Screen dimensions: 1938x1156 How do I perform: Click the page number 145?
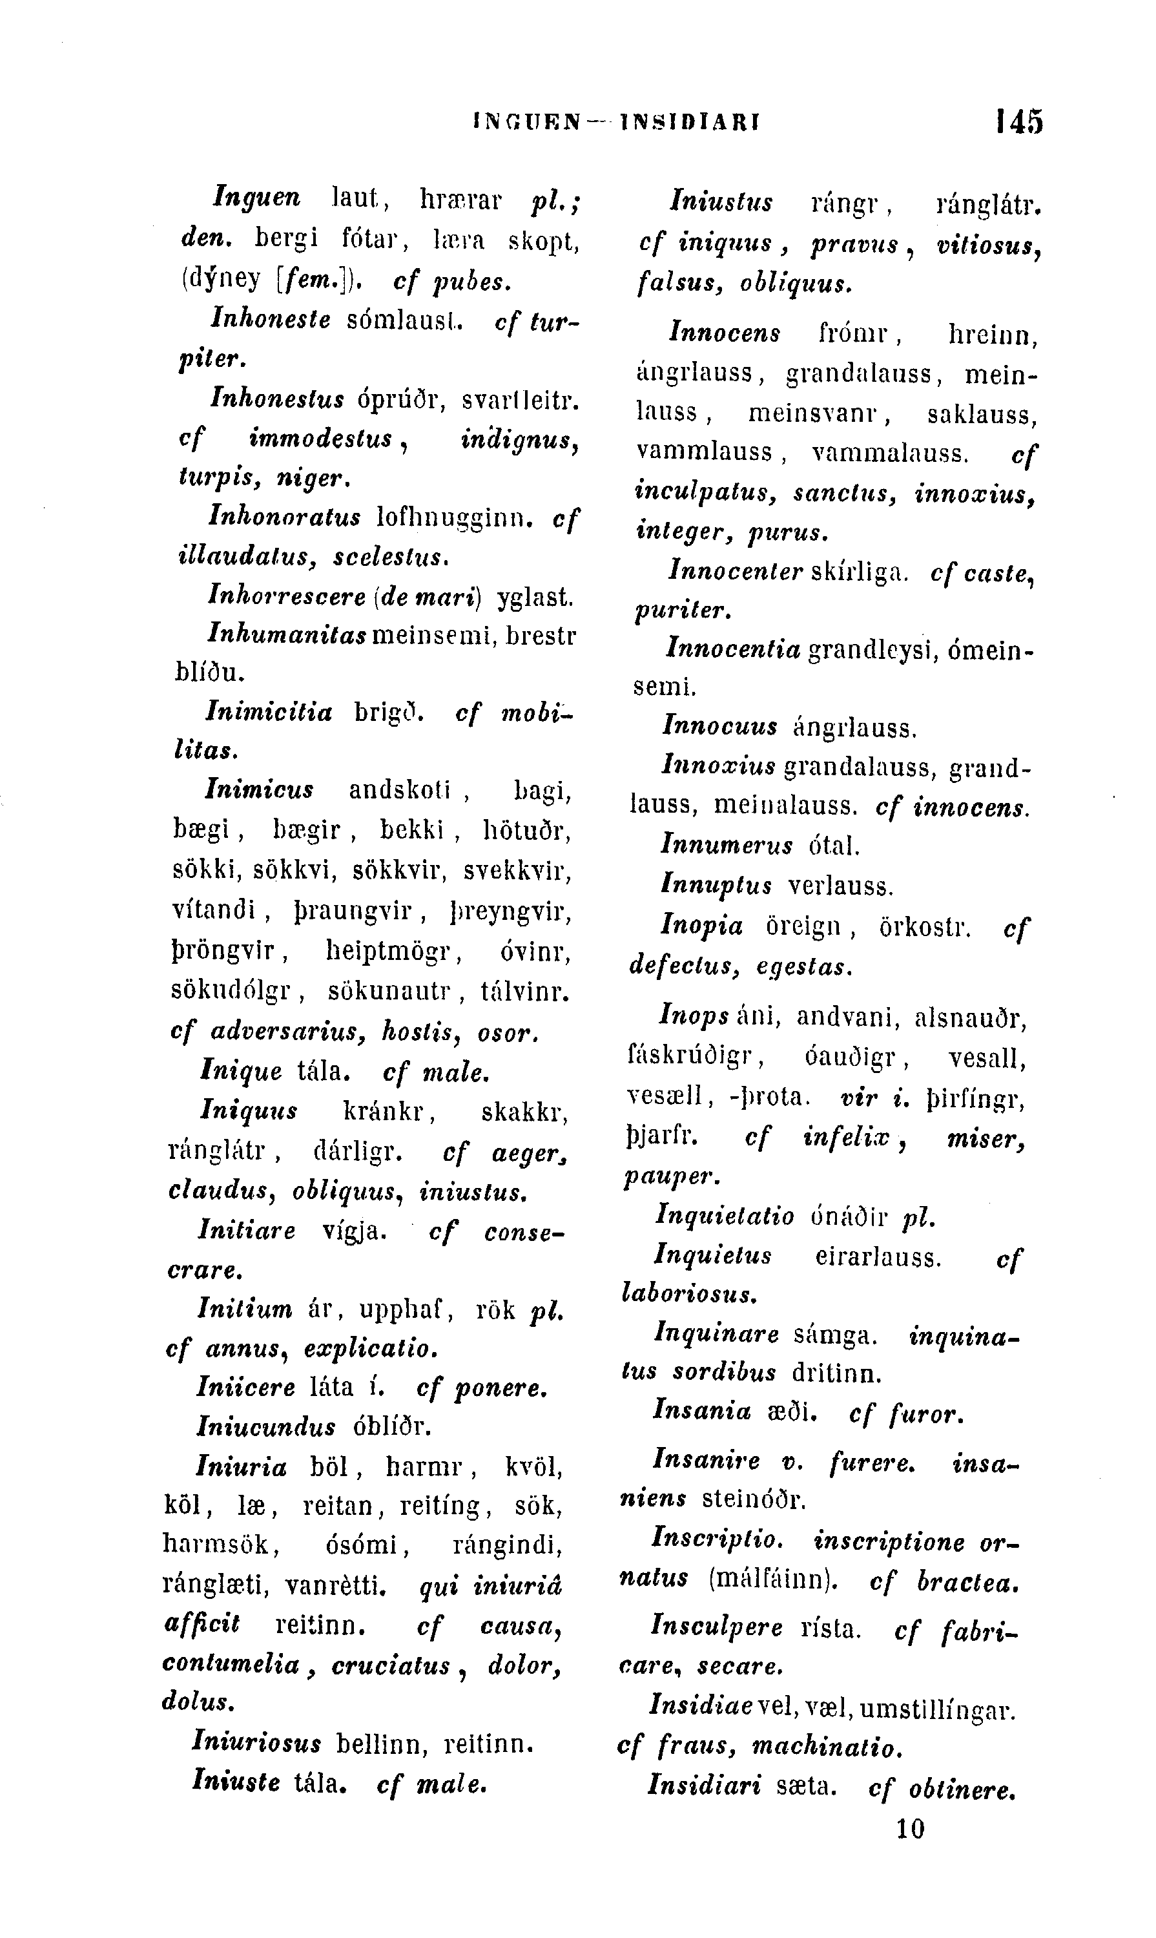(1019, 121)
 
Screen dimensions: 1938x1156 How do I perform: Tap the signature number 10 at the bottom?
(910, 1828)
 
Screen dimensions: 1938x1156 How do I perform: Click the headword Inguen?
(256, 198)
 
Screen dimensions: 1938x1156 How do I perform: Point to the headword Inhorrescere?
(287, 597)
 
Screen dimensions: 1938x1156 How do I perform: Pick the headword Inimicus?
(260, 791)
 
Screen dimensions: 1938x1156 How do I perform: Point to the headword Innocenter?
(736, 572)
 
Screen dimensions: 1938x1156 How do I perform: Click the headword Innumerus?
(727, 846)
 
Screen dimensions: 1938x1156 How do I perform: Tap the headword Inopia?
(702, 926)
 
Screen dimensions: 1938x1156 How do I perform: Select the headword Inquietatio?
(725, 1216)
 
